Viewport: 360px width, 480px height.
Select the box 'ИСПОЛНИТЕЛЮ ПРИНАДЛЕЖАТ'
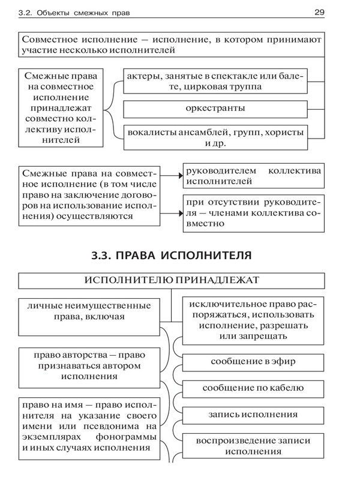[172, 280]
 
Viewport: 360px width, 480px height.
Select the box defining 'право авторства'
[88, 367]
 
